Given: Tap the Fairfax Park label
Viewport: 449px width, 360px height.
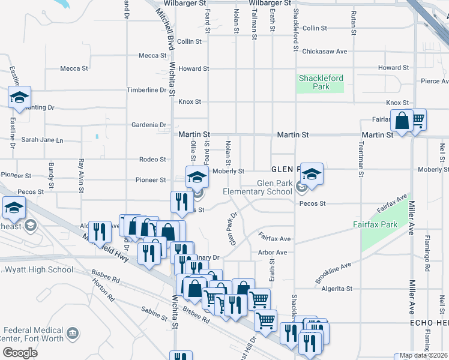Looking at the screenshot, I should point(375,224).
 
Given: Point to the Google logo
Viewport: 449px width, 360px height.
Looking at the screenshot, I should point(20,352).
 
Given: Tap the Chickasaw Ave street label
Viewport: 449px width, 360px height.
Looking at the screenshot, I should point(325,52).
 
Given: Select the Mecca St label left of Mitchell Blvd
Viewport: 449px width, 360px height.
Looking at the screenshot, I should point(152,56).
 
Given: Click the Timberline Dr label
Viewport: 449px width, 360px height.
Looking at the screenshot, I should point(146,90).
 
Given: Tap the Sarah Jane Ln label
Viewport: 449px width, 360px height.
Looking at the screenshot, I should point(42,140).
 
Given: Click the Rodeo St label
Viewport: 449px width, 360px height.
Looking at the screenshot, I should point(152,160).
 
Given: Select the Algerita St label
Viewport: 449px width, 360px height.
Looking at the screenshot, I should point(337,289).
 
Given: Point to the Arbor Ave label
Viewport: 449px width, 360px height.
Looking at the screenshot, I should point(273,253).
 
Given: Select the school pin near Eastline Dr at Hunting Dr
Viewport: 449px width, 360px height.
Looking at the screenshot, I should point(20,97).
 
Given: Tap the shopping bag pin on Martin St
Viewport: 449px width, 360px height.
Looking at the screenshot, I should point(402,122).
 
